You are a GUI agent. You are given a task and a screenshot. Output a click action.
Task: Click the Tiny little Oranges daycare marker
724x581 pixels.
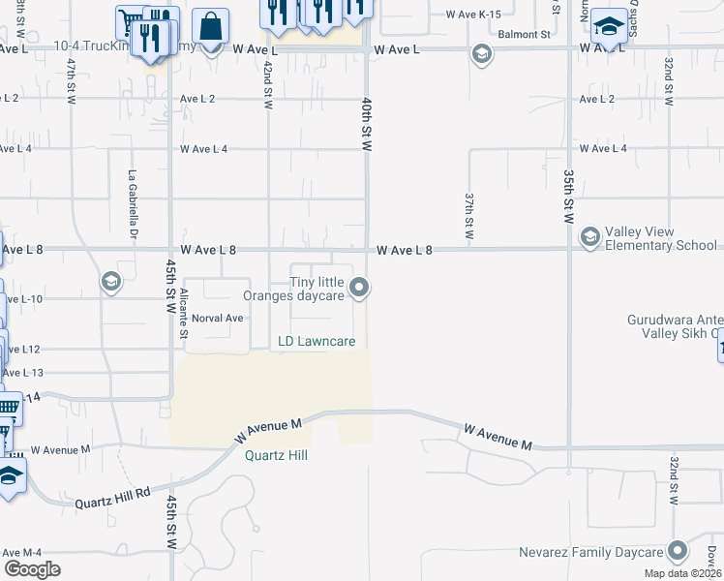[360, 287]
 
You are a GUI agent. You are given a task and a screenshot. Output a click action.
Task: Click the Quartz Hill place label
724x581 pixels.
[276, 455]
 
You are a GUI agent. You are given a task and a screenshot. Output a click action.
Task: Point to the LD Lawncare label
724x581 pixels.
[317, 341]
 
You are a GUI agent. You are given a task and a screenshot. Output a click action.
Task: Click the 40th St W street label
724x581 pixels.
[367, 123]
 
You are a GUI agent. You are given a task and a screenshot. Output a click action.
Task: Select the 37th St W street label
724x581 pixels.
[468, 216]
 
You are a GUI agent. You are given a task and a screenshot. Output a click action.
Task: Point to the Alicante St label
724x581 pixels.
[182, 312]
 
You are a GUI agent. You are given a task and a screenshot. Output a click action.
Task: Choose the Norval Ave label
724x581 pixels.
[217, 318]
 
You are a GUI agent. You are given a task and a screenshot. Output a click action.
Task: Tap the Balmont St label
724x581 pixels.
[525, 34]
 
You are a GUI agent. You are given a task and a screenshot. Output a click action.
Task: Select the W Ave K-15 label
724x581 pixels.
[473, 15]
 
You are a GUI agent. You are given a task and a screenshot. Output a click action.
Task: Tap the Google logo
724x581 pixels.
[32, 569]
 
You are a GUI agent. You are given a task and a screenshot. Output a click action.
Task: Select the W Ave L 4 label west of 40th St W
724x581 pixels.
[203, 148]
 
